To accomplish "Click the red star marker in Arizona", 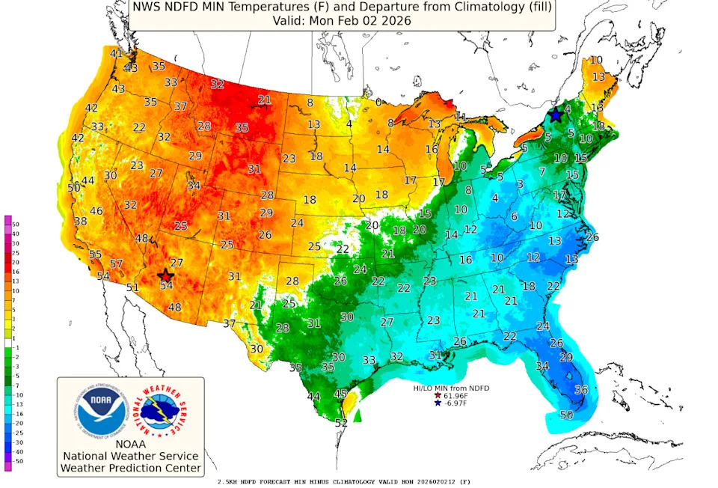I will click(x=166, y=275).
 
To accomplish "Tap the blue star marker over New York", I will click(x=556, y=115).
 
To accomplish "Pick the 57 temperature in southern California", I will click(x=116, y=263).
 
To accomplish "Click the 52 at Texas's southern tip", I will click(x=341, y=423).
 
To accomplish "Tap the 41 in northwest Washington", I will click(x=116, y=53).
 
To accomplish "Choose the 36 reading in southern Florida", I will click(x=580, y=389).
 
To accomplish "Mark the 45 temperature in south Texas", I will click(x=340, y=393).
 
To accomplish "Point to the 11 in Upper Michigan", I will click(x=461, y=117).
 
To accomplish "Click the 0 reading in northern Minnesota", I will click(x=378, y=102).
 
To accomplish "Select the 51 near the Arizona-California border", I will click(x=132, y=287).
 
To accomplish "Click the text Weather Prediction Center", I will click(x=130, y=469).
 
